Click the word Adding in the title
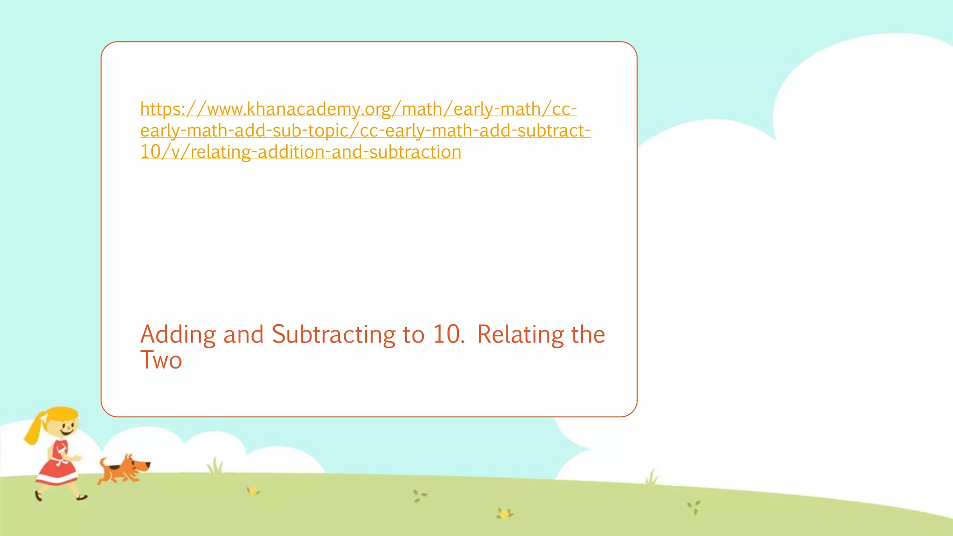178,335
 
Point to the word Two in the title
161,360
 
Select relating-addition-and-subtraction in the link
326,152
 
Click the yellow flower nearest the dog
253,490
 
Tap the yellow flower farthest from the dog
504,514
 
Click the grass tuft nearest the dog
215,465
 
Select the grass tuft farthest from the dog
651,477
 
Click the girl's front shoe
82,498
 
